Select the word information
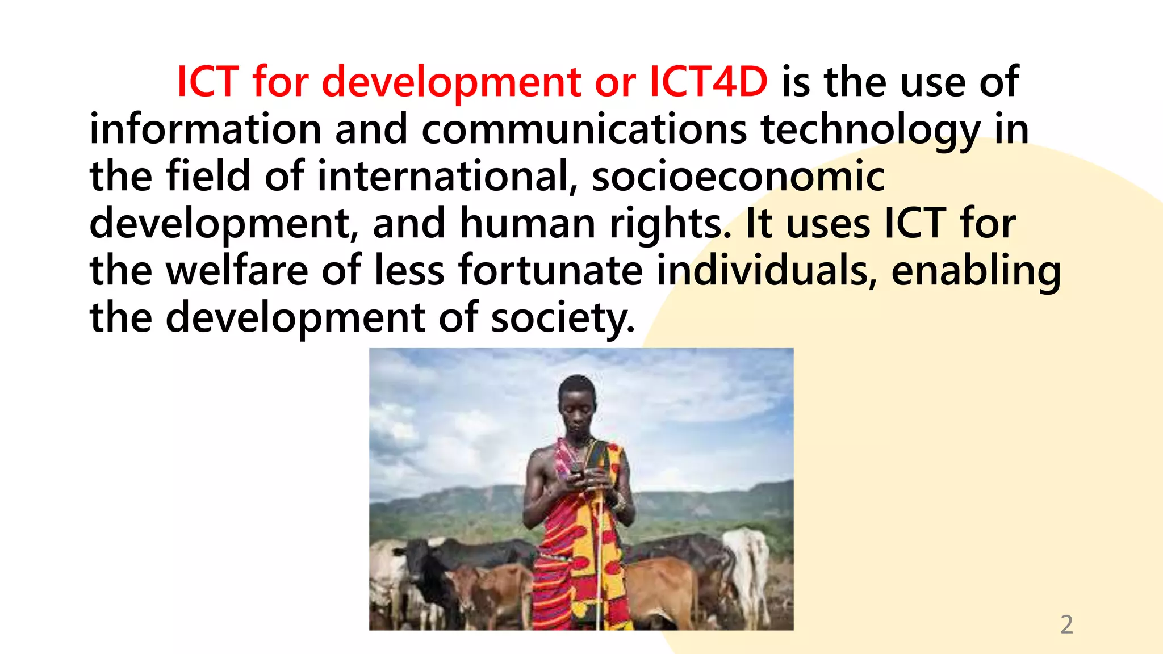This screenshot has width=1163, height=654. (x=206, y=129)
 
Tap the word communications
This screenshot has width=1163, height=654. (x=584, y=129)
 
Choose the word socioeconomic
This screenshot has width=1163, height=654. (x=738, y=177)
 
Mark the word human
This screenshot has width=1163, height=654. (x=528, y=224)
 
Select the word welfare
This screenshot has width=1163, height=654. (x=237, y=270)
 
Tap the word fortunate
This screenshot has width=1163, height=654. (x=550, y=270)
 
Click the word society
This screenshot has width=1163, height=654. (x=562, y=318)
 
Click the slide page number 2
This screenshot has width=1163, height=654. (x=1066, y=624)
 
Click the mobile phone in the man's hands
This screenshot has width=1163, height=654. (x=578, y=471)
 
